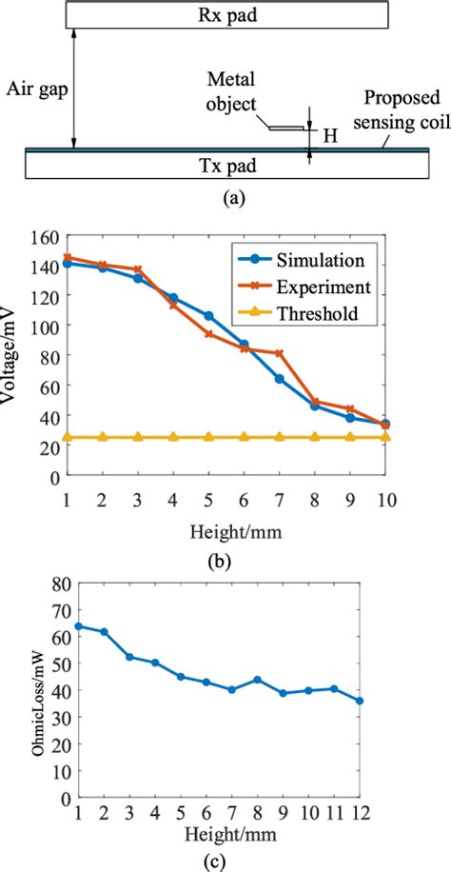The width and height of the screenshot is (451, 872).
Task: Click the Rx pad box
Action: (x=225, y=15)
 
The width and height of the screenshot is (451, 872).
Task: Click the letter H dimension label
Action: (x=329, y=136)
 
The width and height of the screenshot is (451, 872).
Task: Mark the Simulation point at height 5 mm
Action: (x=208, y=315)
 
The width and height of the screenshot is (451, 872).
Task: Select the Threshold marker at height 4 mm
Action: (x=173, y=437)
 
